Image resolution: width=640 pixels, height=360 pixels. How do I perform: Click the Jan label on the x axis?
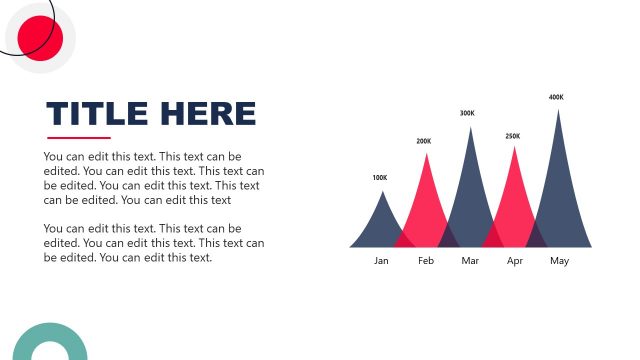[381, 261]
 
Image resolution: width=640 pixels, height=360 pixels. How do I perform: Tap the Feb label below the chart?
[426, 261]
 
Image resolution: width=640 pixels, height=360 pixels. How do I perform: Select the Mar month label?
[470, 261]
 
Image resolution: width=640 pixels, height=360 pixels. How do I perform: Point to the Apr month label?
[515, 261]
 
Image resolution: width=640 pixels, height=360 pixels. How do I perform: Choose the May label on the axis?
[559, 261]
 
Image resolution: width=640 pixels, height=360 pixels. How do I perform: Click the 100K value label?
[380, 178]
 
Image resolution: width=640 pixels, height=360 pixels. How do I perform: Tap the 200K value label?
[424, 141]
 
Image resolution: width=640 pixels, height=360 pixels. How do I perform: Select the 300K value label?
[467, 113]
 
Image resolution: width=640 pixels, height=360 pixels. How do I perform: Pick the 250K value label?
[513, 136]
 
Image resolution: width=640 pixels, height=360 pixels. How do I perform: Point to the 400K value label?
[556, 97]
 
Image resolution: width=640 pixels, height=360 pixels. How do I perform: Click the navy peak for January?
[379, 225]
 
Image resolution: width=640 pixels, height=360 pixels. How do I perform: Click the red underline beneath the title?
[79, 138]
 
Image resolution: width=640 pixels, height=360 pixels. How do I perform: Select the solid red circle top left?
[41, 38]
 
